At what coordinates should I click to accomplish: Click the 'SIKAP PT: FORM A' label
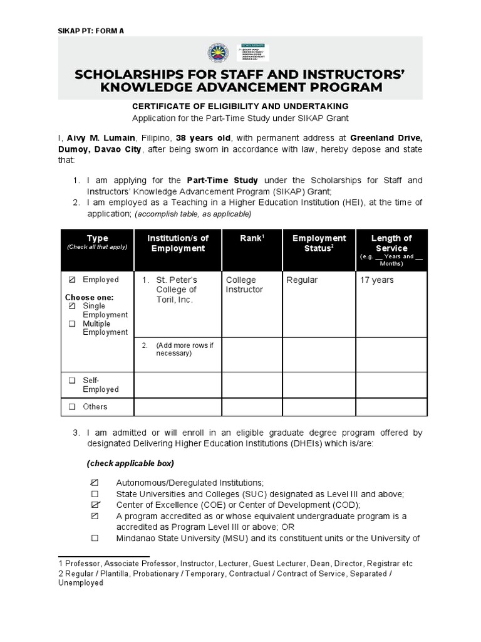[x=91, y=30]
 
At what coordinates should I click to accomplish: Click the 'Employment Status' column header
[x=319, y=243]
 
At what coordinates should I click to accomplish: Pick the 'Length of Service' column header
[x=391, y=243]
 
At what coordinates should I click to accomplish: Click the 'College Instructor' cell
[x=245, y=285]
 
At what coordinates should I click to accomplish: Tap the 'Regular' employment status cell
[x=302, y=280]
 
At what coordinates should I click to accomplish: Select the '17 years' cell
[x=376, y=280]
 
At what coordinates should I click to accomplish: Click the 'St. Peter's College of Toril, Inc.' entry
[x=176, y=290]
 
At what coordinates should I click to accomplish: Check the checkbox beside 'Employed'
[x=72, y=280]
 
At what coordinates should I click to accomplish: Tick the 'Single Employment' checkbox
[x=72, y=306]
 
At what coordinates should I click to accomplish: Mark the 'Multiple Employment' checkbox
[x=72, y=324]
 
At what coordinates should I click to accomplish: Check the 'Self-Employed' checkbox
[x=72, y=381]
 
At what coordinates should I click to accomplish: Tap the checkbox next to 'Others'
[x=72, y=407]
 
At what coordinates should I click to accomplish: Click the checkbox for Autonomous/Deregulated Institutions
[x=95, y=483]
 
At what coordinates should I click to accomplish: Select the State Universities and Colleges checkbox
[x=95, y=494]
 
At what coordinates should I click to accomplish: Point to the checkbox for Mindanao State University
[x=95, y=539]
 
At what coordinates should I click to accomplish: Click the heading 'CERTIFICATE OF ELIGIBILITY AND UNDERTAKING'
[x=240, y=107]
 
